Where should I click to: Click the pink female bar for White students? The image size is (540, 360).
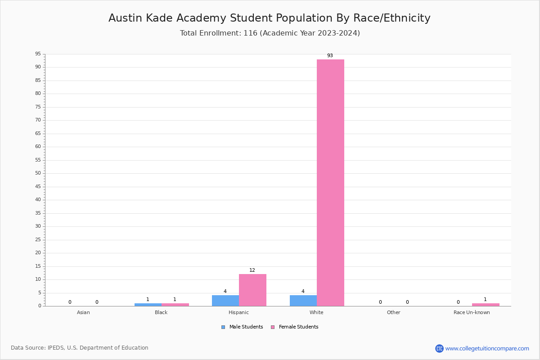(330, 182)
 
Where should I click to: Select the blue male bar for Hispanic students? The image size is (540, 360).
(225, 301)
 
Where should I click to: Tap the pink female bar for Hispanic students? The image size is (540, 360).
(252, 290)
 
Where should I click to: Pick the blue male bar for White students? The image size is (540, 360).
(303, 301)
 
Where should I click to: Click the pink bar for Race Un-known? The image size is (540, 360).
(486, 305)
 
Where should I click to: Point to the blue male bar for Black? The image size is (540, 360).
(148, 305)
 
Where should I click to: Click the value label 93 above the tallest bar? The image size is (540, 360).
(330, 56)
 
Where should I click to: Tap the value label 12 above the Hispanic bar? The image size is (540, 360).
(252, 270)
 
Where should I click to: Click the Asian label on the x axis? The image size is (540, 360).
(83, 312)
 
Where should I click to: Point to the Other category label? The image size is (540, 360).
(393, 312)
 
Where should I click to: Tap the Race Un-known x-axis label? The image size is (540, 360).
(472, 312)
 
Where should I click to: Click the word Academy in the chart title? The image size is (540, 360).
(201, 18)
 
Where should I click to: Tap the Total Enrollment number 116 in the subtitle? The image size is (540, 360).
(250, 33)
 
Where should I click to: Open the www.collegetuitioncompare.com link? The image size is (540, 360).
(487, 348)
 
